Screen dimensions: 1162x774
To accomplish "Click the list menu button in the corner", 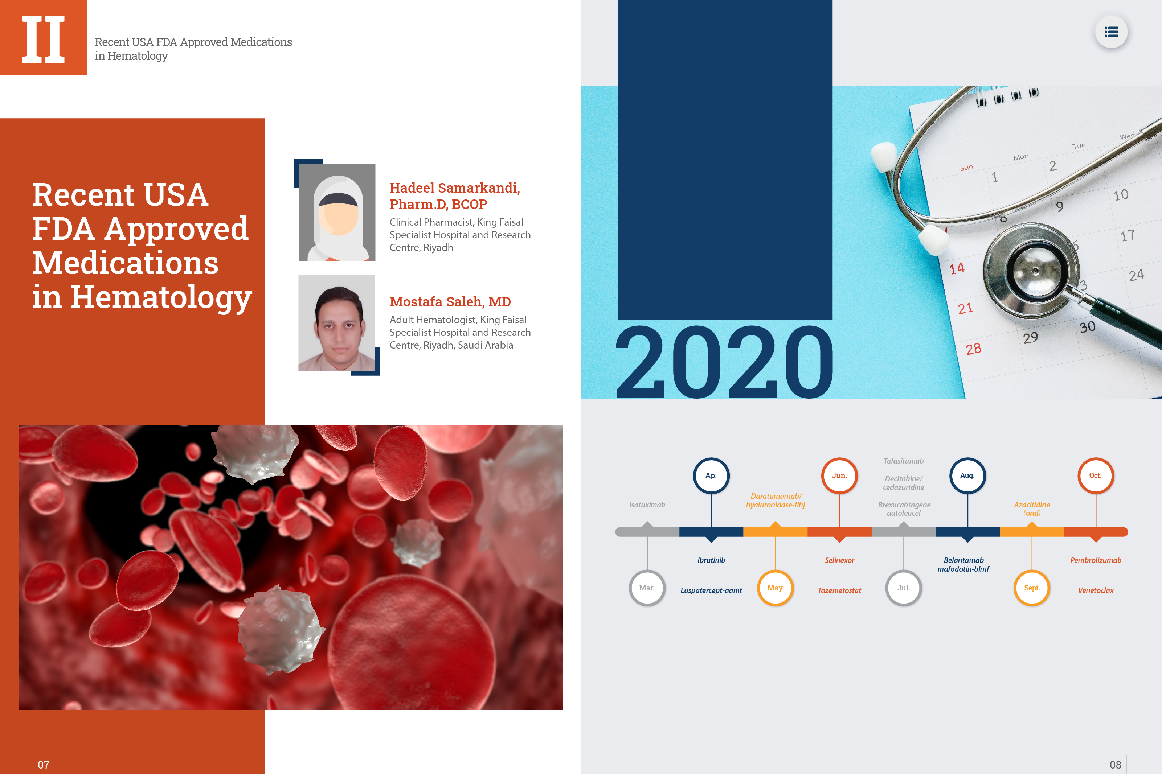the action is click(1111, 32).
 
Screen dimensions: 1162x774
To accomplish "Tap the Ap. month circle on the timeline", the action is click(711, 475).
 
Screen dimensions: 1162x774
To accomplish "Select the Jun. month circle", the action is click(839, 475).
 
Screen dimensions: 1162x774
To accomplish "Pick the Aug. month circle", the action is click(967, 475).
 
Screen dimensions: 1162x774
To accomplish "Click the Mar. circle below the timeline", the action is click(647, 588).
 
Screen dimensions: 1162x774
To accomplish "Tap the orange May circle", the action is click(775, 588).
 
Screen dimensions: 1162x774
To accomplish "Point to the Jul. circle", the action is click(904, 588).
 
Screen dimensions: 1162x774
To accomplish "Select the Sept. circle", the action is click(1032, 588).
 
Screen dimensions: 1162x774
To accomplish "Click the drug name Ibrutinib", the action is click(711, 560).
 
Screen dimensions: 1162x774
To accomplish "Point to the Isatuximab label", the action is click(647, 505).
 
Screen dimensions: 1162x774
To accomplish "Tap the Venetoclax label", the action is click(1096, 590).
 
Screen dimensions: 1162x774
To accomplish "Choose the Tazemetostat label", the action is click(839, 590).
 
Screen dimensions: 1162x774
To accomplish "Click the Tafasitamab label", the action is click(904, 461).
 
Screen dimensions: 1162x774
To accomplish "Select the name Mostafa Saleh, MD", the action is click(450, 302).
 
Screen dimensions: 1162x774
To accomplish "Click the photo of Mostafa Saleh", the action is click(337, 323).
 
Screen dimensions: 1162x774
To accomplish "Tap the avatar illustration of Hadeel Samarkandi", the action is click(337, 212).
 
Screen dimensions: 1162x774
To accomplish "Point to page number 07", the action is click(44, 765).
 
